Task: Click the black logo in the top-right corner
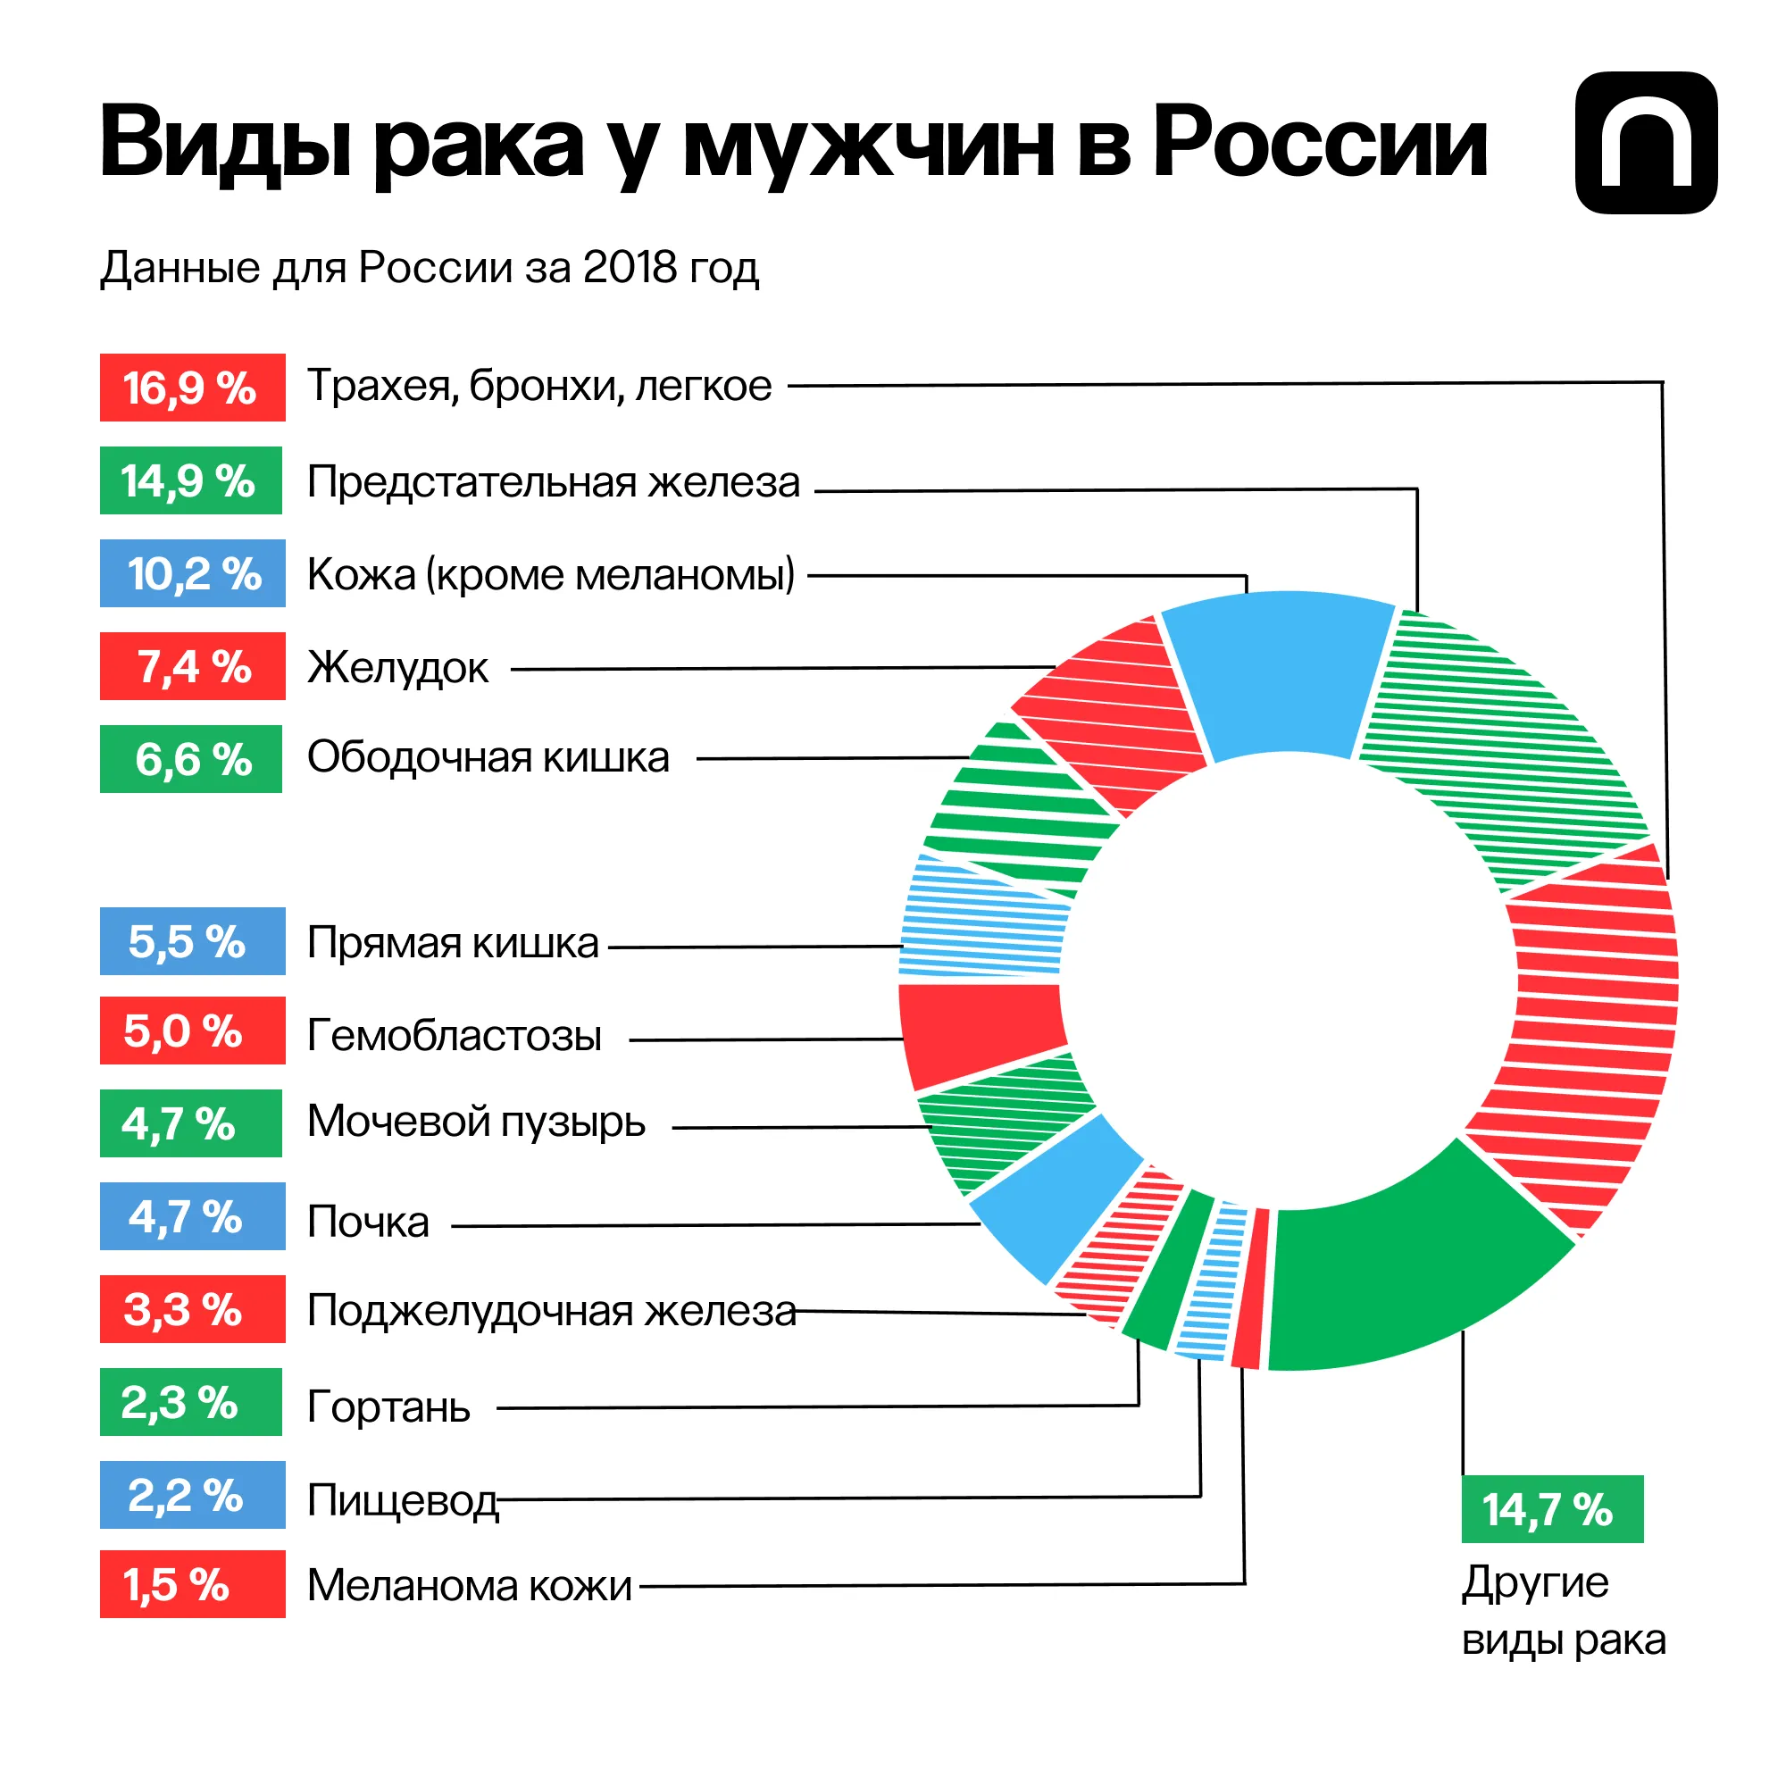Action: tap(1646, 142)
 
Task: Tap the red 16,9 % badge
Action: tap(192, 388)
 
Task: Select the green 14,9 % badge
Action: tap(190, 480)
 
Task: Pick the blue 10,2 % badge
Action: tap(192, 573)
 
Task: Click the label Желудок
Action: tap(397, 667)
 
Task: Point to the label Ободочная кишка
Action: tap(488, 757)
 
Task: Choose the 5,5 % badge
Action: tap(192, 941)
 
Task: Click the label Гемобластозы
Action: tap(454, 1034)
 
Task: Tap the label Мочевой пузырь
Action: tap(476, 1122)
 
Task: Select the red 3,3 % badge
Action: tap(192, 1309)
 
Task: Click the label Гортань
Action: tap(388, 1407)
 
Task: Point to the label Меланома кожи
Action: tap(470, 1585)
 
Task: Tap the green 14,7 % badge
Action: tap(1551, 1509)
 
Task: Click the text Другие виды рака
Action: tap(1562, 1611)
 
